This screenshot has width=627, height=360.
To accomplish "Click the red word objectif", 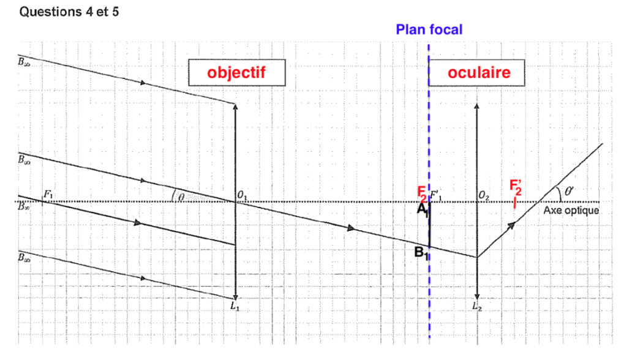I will pos(236,72).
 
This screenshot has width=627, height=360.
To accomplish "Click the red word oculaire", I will pos(479,72).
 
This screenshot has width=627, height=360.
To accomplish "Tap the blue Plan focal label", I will pos(429,29).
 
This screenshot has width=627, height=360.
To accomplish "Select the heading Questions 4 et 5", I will pos(69,13).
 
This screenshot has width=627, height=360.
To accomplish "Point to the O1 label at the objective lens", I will pos(242,196).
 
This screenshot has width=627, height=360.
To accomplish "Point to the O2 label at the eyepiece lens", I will pos(484,196).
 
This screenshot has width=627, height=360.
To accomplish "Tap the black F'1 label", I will pos(438,196).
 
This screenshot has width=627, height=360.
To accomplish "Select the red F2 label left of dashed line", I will pos(422,194).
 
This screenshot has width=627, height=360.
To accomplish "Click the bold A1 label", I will pos(422,210).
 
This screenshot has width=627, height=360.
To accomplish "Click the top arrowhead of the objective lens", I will pos(236,105).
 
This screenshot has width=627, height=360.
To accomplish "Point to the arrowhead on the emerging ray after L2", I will pos(512,225).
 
